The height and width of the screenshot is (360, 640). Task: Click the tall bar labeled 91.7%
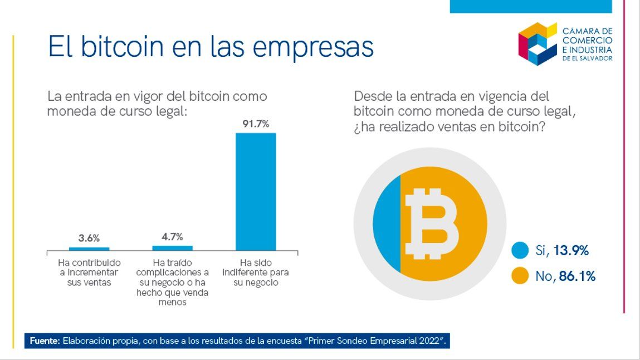pyautogui.click(x=256, y=191)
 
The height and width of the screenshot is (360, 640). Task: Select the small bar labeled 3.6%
pyautogui.click(x=89, y=249)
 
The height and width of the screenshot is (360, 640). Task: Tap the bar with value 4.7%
pyautogui.click(x=172, y=247)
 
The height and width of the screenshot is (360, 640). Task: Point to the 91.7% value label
pyautogui.click(x=256, y=124)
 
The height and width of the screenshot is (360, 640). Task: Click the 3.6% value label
pyautogui.click(x=89, y=238)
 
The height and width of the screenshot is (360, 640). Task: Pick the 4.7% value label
pyautogui.click(x=172, y=236)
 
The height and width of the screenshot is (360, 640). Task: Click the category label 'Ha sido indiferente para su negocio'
pyautogui.click(x=256, y=272)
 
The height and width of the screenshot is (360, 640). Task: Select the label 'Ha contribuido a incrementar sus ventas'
pyautogui.click(x=89, y=272)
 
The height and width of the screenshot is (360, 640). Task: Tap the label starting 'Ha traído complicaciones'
pyautogui.click(x=172, y=282)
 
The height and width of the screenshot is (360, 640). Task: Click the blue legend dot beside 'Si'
pyautogui.click(x=520, y=251)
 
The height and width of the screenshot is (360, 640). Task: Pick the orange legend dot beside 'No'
pyautogui.click(x=520, y=276)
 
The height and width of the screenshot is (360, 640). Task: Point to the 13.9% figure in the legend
pyautogui.click(x=571, y=251)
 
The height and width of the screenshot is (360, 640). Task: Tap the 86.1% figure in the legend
pyautogui.click(x=577, y=276)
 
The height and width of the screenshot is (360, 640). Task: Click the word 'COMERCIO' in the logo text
pyautogui.click(x=587, y=40)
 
